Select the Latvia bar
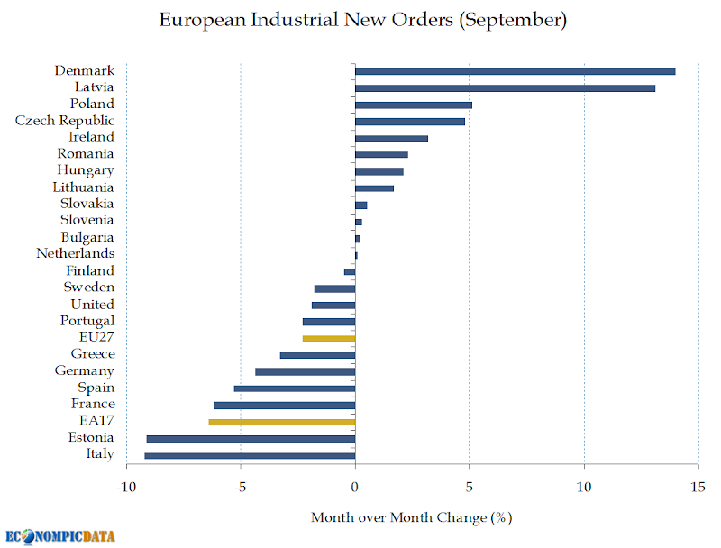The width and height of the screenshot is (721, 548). pos(505,87)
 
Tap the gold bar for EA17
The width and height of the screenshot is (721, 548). pos(281,422)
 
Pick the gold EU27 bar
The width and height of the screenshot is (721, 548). pos(329,338)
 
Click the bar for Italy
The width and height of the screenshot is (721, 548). pos(250,455)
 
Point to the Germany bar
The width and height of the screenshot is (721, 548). pos(306,371)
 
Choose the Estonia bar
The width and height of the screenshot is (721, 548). pos(251,438)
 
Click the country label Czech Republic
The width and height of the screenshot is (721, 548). pos(65,121)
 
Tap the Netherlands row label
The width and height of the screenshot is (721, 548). pos(75,253)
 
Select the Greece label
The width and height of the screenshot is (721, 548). pos(92,353)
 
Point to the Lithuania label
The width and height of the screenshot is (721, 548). pos(83,187)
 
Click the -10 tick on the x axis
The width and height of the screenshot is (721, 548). pos(126,488)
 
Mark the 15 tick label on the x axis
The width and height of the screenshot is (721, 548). pos(698,488)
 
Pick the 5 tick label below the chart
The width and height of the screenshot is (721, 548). pos(469,488)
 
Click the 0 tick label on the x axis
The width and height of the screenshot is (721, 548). pos(355,488)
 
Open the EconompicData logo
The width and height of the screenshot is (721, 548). pos(59,535)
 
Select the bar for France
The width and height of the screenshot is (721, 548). pos(284,405)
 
